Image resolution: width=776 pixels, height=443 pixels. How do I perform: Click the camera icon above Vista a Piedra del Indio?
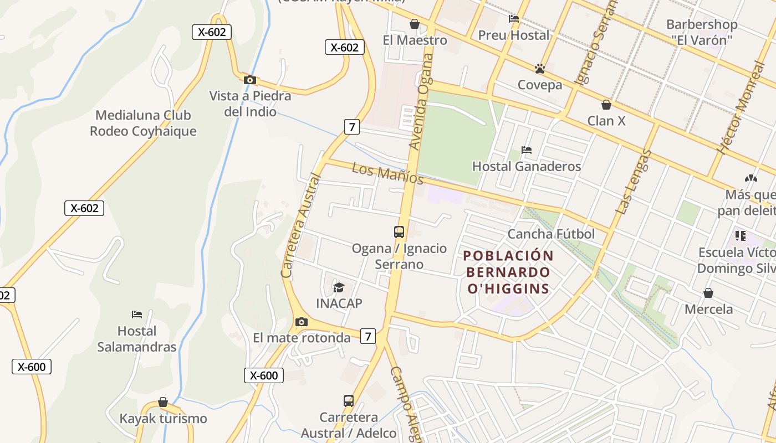click(x=250, y=80)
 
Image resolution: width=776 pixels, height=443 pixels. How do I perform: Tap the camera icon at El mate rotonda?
click(x=301, y=322)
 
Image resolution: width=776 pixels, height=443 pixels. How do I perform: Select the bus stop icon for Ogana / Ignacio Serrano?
click(x=399, y=232)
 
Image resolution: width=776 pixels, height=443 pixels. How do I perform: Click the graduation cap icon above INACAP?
click(x=339, y=287)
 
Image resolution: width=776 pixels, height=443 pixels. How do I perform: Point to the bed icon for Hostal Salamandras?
click(x=137, y=315)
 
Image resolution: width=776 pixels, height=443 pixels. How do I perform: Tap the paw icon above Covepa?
click(x=540, y=69)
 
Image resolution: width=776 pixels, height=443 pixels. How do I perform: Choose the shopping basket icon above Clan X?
click(x=606, y=105)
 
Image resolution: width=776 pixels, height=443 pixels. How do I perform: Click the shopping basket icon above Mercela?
click(x=708, y=293)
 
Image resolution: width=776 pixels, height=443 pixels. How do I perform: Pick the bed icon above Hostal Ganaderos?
click(x=527, y=150)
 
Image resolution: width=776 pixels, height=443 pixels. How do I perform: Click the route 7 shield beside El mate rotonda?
click(x=367, y=336)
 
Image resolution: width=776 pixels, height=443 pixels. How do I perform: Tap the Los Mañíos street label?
click(x=387, y=173)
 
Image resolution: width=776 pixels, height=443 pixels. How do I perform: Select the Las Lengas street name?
click(x=633, y=182)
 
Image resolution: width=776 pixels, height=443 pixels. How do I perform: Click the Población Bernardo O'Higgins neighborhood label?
click(x=508, y=272)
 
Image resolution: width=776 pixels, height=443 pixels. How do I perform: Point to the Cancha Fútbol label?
click(x=551, y=234)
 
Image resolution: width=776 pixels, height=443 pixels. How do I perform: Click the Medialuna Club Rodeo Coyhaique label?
click(x=143, y=123)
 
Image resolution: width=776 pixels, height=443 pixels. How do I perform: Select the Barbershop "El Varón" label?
click(x=702, y=32)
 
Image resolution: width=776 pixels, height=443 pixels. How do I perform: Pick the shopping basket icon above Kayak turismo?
click(x=163, y=402)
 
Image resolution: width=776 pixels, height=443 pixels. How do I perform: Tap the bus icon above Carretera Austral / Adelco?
click(x=349, y=400)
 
